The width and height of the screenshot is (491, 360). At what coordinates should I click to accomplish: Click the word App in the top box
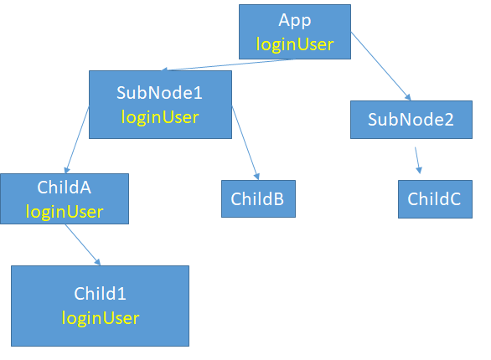click(295, 21)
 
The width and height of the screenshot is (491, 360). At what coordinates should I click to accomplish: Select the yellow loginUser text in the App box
click(295, 44)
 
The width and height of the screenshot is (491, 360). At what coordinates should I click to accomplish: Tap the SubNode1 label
click(159, 93)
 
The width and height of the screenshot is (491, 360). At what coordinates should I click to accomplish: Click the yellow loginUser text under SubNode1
click(160, 117)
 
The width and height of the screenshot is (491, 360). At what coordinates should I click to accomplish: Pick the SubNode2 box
click(411, 120)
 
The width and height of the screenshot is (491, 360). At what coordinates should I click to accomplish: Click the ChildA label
click(65, 188)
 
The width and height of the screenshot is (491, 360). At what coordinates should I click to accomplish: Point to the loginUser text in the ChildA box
click(65, 212)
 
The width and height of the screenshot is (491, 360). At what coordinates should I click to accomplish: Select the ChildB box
click(258, 198)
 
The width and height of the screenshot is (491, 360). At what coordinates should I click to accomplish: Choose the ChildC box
click(435, 199)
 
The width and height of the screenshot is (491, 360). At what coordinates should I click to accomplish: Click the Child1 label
click(100, 293)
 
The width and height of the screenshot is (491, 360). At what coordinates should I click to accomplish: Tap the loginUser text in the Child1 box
click(101, 318)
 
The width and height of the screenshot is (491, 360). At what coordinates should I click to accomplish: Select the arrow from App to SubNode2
click(380, 66)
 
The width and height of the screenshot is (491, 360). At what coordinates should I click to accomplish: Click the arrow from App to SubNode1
click(228, 64)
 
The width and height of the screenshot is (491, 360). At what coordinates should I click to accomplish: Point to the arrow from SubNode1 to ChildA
click(77, 140)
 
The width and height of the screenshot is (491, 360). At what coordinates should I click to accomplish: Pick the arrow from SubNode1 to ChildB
click(245, 143)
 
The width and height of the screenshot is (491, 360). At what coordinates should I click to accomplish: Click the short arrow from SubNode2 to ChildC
click(417, 160)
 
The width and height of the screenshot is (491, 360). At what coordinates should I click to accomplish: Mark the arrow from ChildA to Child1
click(83, 244)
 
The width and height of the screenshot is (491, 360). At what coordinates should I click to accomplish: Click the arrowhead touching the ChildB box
click(256, 176)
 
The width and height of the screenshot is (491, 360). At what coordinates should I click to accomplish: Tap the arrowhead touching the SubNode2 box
click(408, 97)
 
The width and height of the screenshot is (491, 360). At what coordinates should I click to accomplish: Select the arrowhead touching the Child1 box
click(98, 262)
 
